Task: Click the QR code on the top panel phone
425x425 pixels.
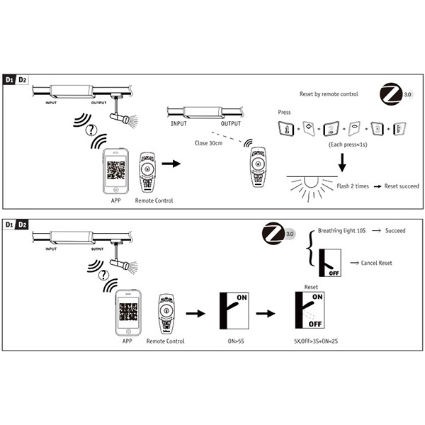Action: coord(117,171)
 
